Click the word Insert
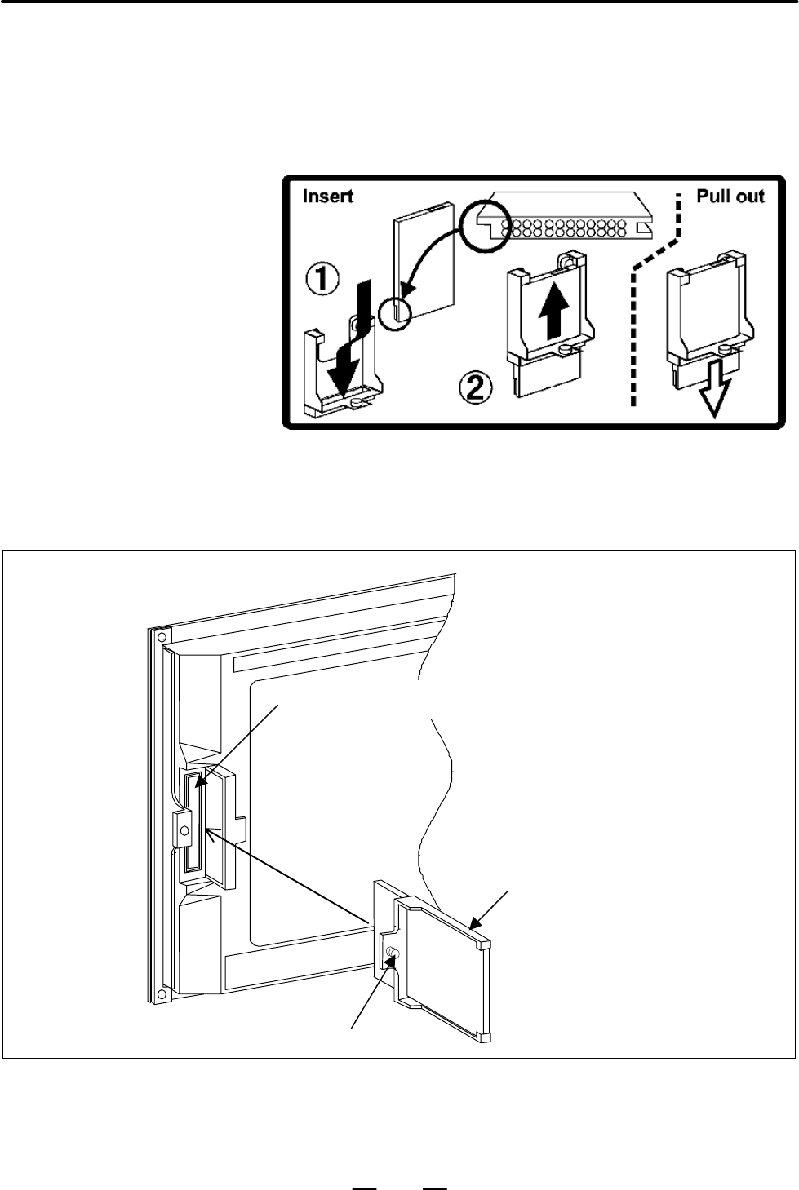click(327, 197)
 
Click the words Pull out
click(730, 197)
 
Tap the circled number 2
click(476, 388)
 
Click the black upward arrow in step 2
click(553, 310)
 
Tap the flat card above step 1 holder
click(424, 262)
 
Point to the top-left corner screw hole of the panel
click(158, 636)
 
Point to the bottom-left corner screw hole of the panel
click(162, 993)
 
